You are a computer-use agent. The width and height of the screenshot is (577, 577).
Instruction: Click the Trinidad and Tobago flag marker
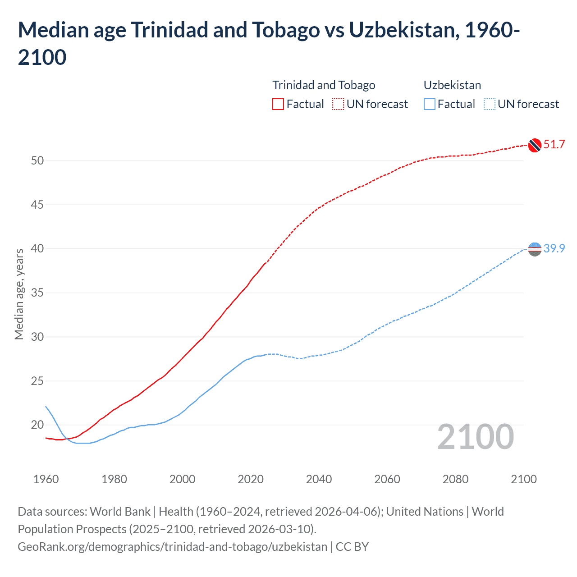tap(535, 145)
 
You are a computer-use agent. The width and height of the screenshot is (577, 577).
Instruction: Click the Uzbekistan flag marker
tap(535, 249)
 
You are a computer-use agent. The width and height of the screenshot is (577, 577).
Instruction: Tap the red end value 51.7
tap(554, 145)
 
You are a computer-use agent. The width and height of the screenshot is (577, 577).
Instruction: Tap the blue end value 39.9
tap(554, 248)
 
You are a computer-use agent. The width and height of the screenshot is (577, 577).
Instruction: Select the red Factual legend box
tap(278, 105)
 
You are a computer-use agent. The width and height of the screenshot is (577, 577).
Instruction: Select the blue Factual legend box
tap(430, 105)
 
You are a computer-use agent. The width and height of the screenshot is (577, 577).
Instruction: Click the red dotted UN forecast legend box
tap(338, 105)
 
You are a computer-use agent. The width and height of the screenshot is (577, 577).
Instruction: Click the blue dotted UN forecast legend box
tap(489, 105)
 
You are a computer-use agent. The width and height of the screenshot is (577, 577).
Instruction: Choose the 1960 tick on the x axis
tap(46, 479)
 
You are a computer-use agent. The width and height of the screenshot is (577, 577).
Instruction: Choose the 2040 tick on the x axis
tap(319, 479)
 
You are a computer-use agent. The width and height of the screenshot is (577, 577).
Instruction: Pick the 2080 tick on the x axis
tap(455, 479)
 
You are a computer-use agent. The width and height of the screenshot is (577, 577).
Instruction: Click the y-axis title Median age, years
tap(19, 294)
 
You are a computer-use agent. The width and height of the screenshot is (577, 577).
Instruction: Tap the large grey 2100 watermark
tap(475, 437)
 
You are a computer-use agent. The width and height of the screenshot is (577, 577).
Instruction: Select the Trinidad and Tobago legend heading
tap(324, 85)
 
